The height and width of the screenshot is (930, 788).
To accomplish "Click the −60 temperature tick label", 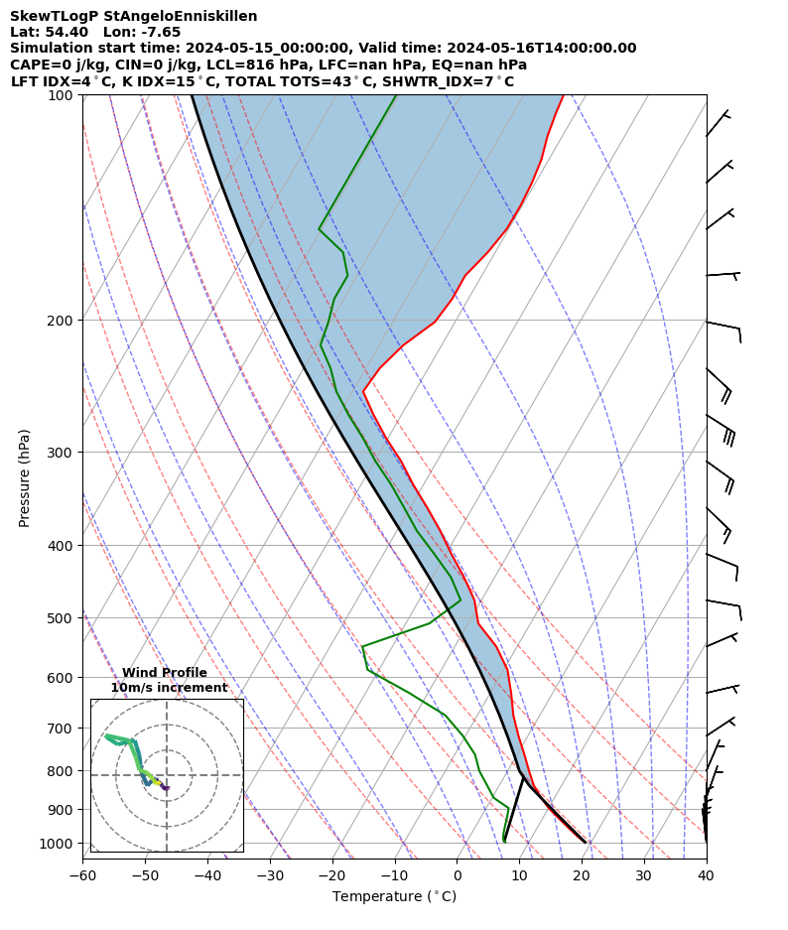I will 82,875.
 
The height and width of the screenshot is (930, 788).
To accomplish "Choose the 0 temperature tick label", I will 457,875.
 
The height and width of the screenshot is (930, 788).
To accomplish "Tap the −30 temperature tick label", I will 270,875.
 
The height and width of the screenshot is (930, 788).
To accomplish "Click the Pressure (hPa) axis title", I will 25,477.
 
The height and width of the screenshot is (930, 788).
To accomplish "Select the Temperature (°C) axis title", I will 394,897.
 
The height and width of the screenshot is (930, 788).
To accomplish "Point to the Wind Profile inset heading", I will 165,673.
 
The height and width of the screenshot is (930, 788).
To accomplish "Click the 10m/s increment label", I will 169,688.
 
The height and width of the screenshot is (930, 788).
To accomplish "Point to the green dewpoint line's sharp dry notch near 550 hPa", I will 363,647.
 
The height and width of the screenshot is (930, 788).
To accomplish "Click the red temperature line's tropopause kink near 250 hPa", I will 363,391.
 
